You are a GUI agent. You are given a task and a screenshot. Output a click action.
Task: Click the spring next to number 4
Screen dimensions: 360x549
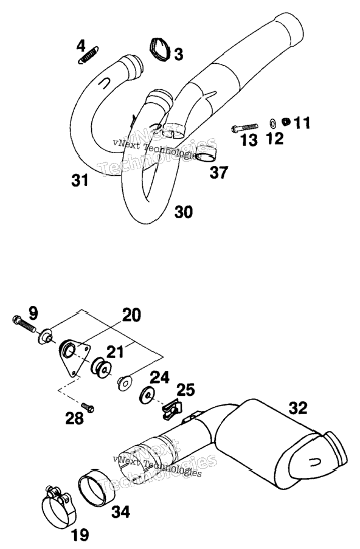[88, 55]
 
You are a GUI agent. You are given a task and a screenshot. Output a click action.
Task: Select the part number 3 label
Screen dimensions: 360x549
[179, 54]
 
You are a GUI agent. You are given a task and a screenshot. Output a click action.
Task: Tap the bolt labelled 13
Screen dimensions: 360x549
[244, 128]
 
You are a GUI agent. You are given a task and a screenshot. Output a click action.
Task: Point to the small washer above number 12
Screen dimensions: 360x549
[272, 123]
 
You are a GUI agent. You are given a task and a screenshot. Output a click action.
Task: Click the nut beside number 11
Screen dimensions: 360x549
[286, 122]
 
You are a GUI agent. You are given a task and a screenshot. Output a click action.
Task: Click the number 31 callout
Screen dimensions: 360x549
[80, 181]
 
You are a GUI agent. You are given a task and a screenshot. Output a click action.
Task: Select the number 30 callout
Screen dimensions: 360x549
[184, 212]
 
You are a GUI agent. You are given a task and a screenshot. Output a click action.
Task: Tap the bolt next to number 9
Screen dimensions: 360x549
[24, 324]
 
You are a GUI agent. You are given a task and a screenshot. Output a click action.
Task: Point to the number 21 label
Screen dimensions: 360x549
[115, 352]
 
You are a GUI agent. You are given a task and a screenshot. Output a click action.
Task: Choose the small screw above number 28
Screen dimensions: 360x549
[88, 407]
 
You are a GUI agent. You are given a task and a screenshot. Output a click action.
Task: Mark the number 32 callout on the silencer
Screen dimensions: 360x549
[298, 408]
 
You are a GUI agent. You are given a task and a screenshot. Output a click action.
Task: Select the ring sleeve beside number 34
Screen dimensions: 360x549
[97, 488]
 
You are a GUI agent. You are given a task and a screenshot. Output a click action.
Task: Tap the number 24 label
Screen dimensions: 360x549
[160, 378]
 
